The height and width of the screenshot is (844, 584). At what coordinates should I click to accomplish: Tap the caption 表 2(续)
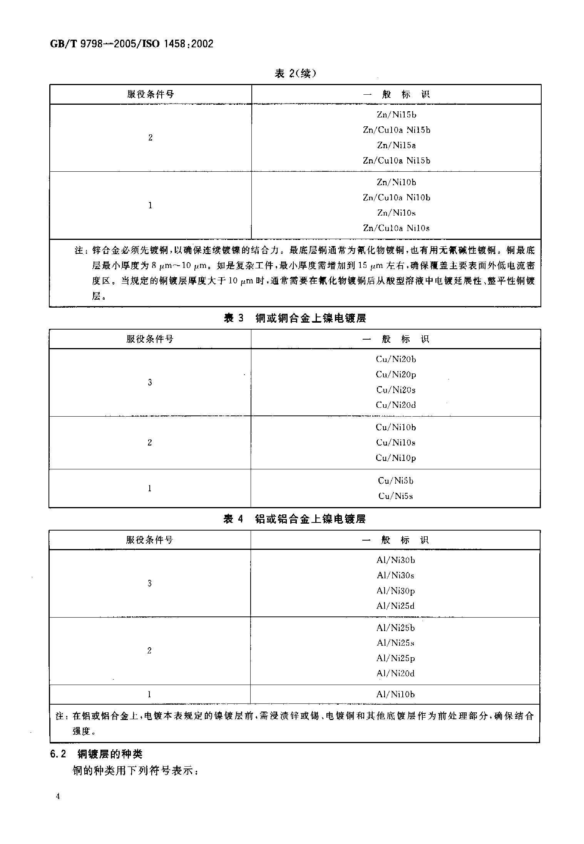point(295,73)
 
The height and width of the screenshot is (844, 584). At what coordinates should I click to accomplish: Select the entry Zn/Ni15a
point(396,146)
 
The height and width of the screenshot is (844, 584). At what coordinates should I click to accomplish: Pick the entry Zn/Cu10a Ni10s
point(396,228)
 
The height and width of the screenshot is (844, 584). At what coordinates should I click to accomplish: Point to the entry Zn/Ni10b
point(396,182)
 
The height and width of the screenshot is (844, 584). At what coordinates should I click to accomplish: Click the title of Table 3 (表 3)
point(295,318)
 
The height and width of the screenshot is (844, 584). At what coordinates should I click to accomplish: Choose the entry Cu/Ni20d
point(396,405)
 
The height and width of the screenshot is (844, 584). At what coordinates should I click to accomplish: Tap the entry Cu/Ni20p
point(396,374)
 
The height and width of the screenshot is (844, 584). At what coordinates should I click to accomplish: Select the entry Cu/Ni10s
point(396,443)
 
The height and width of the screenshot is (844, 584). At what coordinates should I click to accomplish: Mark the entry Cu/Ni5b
point(396,481)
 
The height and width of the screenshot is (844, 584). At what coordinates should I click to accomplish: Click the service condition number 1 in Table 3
point(150,489)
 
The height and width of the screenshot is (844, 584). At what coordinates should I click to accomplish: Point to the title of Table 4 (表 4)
point(295,519)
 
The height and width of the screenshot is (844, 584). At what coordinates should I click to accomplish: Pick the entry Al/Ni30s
point(395,576)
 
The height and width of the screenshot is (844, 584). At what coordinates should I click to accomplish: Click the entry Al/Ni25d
point(395,606)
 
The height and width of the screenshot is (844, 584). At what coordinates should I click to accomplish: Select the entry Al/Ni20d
point(395,673)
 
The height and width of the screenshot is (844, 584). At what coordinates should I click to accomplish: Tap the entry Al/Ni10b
point(395,695)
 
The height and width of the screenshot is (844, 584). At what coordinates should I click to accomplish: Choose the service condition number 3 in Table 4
point(149,583)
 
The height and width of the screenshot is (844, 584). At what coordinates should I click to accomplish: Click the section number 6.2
point(59,754)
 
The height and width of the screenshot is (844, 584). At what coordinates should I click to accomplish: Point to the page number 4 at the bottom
point(58,796)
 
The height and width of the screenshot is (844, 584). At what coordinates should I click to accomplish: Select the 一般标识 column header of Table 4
point(395,540)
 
